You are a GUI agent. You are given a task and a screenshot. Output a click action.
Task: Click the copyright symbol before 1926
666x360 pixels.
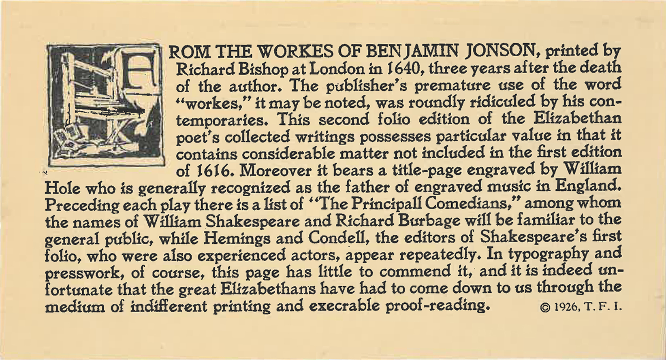[545, 308]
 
